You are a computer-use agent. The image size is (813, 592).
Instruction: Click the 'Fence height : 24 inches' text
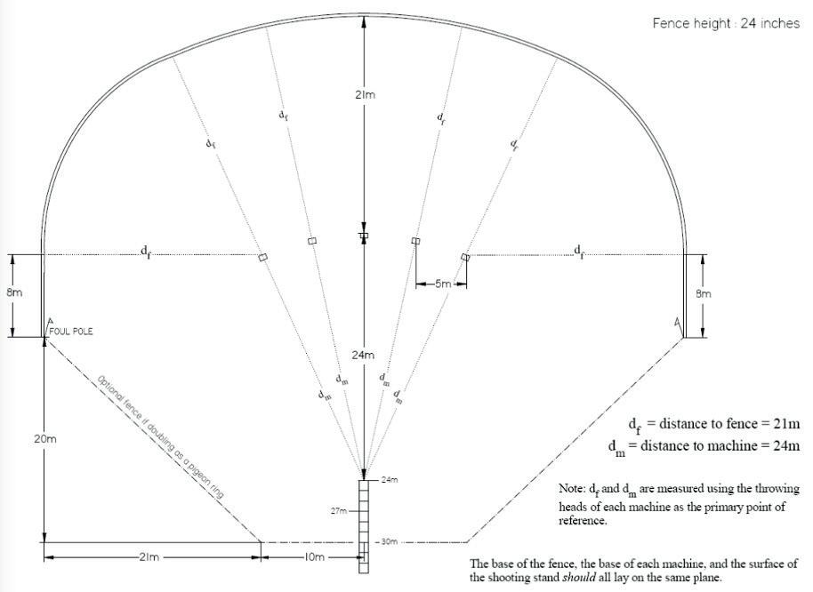pos(726,23)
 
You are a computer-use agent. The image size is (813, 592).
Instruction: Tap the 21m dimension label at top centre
pos(364,94)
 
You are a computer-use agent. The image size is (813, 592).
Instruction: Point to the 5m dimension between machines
pos(441,284)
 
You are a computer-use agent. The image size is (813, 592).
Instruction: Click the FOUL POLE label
pos(71,332)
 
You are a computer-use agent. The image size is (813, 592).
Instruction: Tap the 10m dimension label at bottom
pos(311,557)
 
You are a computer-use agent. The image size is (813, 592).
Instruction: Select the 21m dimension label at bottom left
pos(149,557)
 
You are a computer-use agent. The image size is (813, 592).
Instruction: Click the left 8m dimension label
pos(15,293)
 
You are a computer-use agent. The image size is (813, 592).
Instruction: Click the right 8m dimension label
pos(703,293)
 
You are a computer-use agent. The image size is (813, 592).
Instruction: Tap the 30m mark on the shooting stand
pos(387,541)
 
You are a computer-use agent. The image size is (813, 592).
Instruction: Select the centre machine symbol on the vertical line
pos(363,236)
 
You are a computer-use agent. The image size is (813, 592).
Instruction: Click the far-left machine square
pos(262,257)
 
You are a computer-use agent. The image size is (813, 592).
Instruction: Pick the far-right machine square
pos(465,257)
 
